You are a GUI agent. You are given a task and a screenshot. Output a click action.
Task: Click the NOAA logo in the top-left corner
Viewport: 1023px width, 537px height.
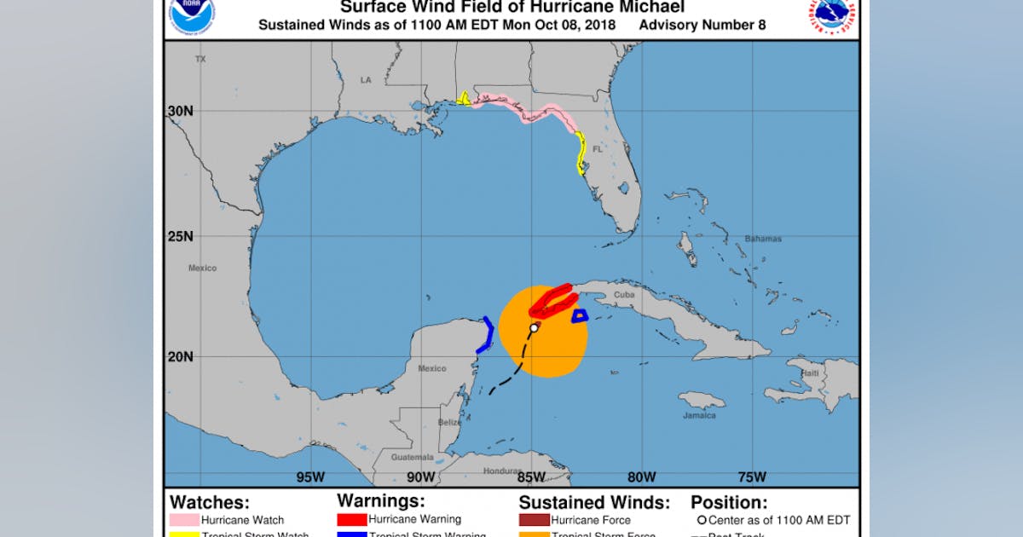pos(192,12)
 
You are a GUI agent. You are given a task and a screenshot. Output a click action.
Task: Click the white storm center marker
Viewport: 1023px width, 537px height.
pos(534,327)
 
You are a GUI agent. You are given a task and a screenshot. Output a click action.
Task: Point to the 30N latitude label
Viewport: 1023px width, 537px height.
pos(181,111)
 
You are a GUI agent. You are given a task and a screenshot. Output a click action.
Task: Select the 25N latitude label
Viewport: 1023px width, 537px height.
pos(181,236)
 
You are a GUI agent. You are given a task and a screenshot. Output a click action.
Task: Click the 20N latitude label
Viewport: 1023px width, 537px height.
pos(181,356)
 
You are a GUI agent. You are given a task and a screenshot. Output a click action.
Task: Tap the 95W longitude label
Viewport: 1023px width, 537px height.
pos(309,476)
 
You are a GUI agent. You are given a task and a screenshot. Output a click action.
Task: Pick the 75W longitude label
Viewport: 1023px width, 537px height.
pos(752,476)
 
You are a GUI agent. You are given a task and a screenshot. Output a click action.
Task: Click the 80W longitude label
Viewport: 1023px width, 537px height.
pos(641,476)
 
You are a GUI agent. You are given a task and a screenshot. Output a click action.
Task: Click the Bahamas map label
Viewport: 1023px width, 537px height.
pos(763,239)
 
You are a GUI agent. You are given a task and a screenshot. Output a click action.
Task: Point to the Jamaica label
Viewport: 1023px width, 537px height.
pos(699,415)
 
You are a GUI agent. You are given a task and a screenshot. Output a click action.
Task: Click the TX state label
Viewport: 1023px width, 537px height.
pos(200,59)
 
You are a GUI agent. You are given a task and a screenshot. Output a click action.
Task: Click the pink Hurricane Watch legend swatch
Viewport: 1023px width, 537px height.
pos(185,520)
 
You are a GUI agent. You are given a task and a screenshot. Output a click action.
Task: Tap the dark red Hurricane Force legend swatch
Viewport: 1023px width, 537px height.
pos(534,520)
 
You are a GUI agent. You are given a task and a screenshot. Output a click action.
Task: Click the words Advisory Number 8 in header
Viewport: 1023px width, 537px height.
pos(702,25)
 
